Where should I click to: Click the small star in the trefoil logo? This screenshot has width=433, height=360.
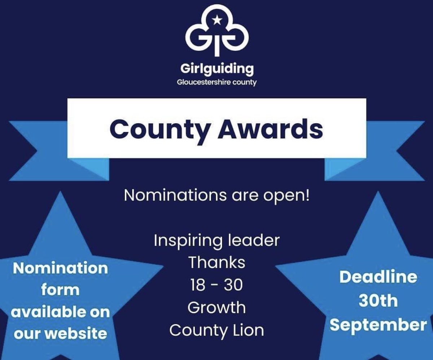pos(216,21)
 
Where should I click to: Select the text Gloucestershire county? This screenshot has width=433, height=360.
pos(216,82)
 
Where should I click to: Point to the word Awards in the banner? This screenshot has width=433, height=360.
pos(270,129)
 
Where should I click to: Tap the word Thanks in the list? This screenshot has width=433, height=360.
pos(216,263)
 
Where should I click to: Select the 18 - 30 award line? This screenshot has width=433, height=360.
pos(216,285)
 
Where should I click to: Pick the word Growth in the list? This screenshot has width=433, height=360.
pos(216,308)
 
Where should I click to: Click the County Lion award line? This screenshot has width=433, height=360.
pos(216,330)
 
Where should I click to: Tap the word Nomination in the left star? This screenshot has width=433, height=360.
pos(60,268)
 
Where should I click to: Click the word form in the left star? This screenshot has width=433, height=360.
pos(60,290)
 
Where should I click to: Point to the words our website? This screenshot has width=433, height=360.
pos(60,333)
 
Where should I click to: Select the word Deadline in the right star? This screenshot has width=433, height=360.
pos(378,277)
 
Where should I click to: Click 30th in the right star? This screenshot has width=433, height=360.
pos(378,301)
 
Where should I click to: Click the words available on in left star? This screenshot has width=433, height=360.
pos(60,312)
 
